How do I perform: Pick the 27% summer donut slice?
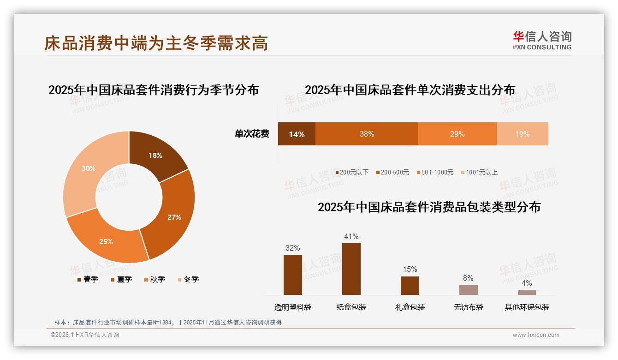(174, 217)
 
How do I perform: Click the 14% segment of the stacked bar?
(297, 134)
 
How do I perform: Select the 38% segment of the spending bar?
(367, 134)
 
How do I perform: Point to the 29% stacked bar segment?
(457, 134)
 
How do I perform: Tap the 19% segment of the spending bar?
(522, 134)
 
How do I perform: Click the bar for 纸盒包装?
(351, 269)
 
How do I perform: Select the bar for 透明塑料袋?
(292, 275)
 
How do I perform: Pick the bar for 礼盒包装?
(410, 286)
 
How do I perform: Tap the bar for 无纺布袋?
(468, 290)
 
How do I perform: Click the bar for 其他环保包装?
(527, 293)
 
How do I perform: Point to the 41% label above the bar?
(351, 237)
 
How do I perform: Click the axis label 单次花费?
(252, 134)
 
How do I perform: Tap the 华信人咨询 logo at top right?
(542, 40)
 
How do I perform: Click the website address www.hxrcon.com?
(536, 335)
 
